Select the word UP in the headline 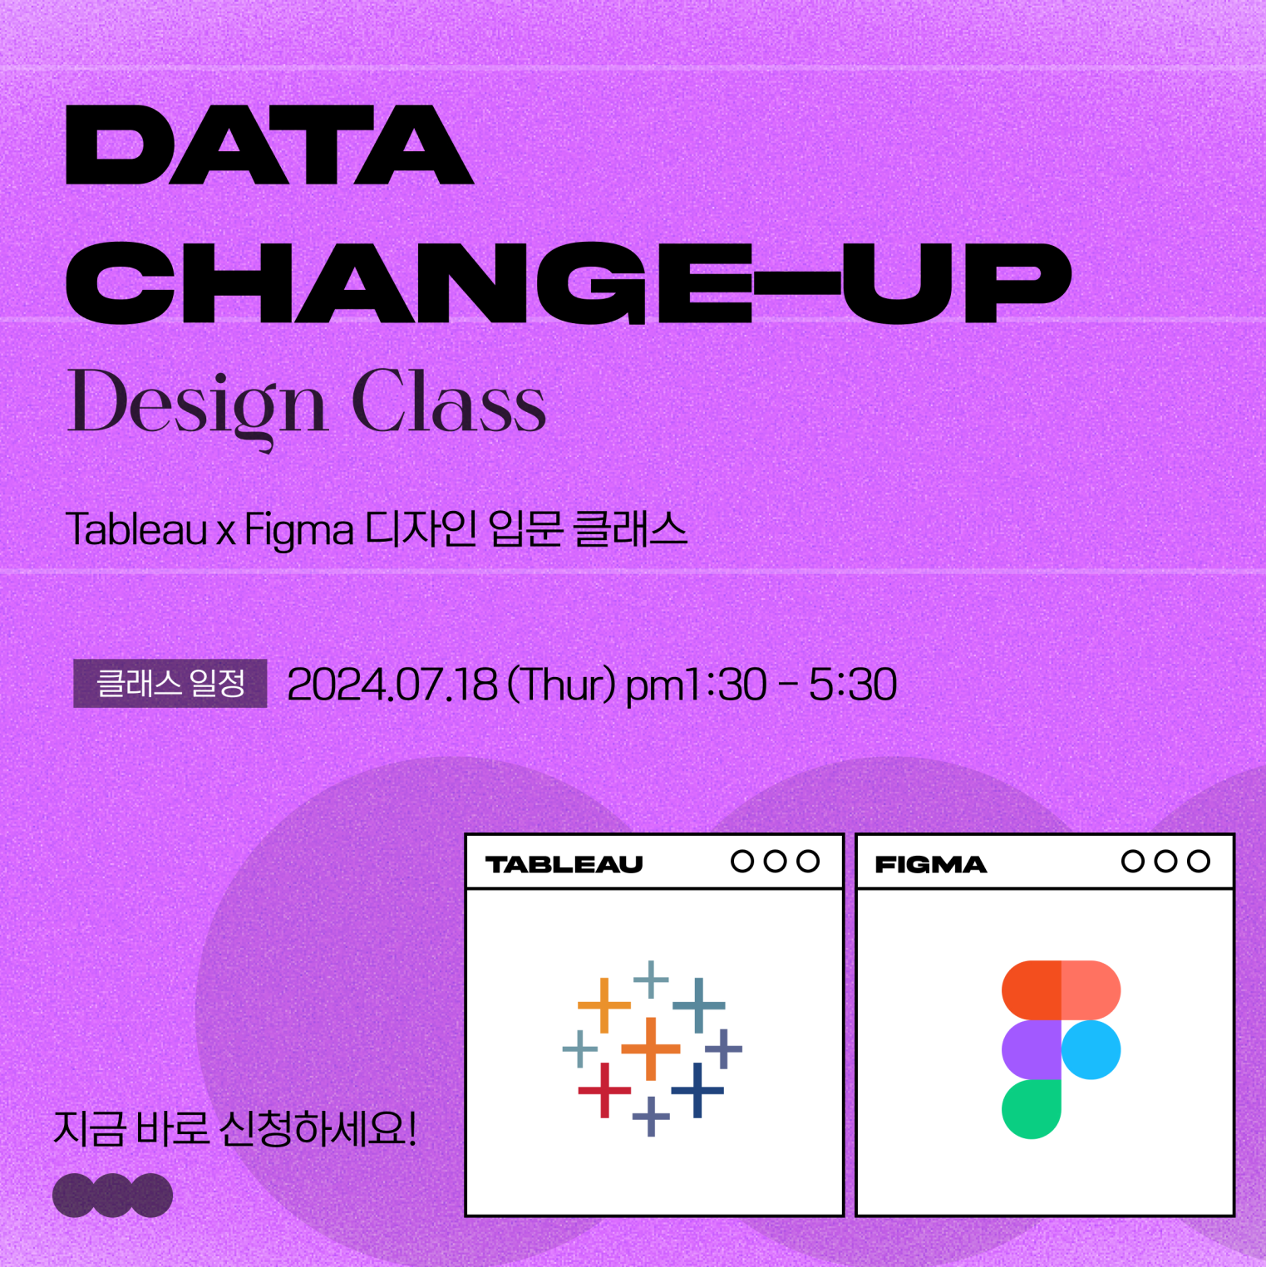pyautogui.click(x=956, y=282)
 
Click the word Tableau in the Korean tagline pyautogui.click(x=136, y=529)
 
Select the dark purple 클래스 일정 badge pyautogui.click(x=170, y=684)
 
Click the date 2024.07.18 pyautogui.click(x=392, y=685)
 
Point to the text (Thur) pyautogui.click(x=561, y=685)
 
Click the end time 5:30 pyautogui.click(x=853, y=685)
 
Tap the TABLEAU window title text pyautogui.click(x=564, y=865)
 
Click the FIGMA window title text pyautogui.click(x=931, y=865)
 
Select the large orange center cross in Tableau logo pyautogui.click(x=651, y=1048)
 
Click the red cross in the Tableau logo pyautogui.click(x=604, y=1089)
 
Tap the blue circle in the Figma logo pyautogui.click(x=1091, y=1050)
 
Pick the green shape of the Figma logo pyautogui.click(x=1032, y=1109)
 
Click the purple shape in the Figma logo pyautogui.click(x=1032, y=1050)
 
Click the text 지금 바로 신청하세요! pyautogui.click(x=235, y=1129)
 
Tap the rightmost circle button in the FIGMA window pyautogui.click(x=1199, y=862)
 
